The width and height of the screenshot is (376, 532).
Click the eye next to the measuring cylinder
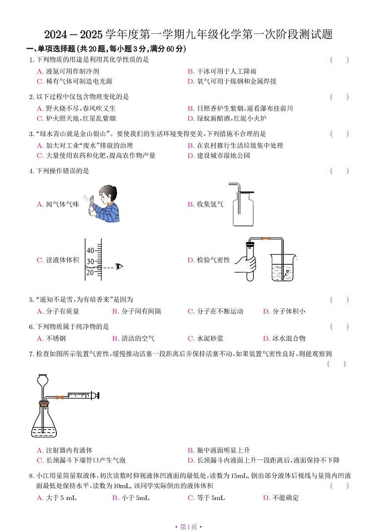119,267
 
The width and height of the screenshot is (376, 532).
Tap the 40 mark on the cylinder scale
90,250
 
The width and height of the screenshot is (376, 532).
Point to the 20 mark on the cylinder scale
90,271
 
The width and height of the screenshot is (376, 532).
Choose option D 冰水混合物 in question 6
284,338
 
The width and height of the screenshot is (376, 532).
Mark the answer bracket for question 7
336,364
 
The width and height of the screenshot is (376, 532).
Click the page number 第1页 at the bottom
188,526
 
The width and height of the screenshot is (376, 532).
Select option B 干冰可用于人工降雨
222,71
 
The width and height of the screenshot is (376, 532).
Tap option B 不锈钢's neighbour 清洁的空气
134,338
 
